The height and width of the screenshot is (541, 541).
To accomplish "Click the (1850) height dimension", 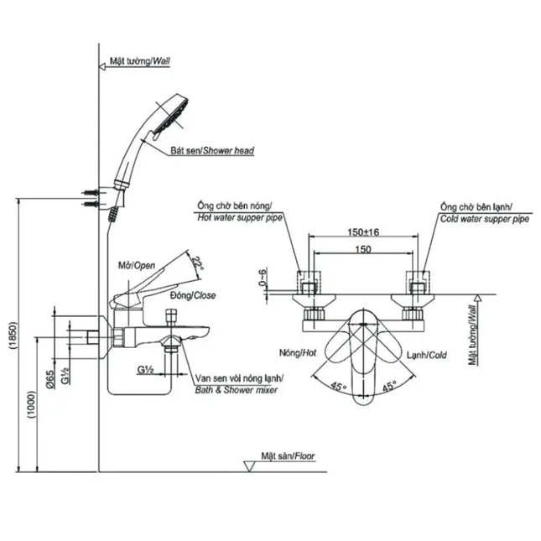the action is (13, 336).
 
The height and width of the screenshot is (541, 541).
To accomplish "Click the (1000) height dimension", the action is (31, 405).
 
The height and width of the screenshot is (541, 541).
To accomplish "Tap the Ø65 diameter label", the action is (50, 379).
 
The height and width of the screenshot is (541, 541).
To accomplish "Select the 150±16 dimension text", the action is (363, 231).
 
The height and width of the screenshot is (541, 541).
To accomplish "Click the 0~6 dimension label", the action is (263, 278).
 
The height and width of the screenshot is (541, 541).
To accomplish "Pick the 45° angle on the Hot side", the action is (338, 386).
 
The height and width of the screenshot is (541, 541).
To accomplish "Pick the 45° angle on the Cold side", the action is (389, 386).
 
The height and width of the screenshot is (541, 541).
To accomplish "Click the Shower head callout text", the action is (212, 150).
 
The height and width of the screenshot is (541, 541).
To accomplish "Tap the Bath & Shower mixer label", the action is (237, 390).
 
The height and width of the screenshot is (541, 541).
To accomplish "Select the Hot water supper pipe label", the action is (240, 217).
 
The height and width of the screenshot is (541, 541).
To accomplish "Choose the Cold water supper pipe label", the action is (485, 219).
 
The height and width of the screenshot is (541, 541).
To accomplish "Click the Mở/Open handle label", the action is (137, 265).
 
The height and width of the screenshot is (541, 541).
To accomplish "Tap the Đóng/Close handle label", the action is (193, 295).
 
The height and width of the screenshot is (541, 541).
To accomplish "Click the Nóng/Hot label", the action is (298, 352).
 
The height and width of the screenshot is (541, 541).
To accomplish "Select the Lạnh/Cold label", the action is (426, 355).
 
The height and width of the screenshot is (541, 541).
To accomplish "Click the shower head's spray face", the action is (171, 117).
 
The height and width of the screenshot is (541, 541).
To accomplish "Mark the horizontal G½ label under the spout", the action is (145, 370).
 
